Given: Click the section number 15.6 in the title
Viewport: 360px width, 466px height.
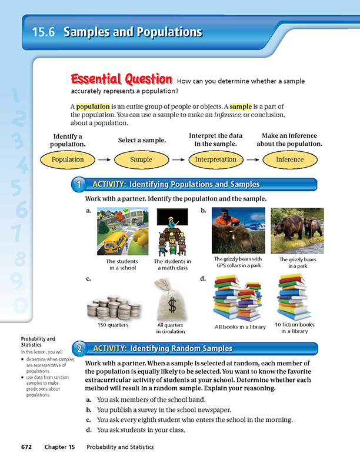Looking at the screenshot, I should [x=44, y=32].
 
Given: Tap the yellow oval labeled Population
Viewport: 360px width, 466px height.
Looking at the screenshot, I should [x=68, y=159].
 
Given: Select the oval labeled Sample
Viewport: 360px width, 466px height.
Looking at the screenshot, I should [x=141, y=159].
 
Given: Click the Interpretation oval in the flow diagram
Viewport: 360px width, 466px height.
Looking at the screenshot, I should [x=215, y=159].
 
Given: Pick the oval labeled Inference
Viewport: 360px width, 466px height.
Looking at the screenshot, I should [x=290, y=159].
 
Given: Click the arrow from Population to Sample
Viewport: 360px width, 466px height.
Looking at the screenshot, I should [x=104, y=159].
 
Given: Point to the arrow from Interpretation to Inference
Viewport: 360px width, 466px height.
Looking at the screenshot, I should [x=252, y=159].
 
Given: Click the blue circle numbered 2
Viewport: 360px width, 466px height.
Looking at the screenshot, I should [x=78, y=349].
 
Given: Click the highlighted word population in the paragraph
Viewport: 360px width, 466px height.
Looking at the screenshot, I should [x=93, y=106].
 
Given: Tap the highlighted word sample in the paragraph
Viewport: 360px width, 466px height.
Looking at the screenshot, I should [x=240, y=106].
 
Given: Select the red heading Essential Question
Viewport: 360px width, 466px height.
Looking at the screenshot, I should [x=121, y=79].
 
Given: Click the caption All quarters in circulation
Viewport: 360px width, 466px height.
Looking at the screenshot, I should [x=171, y=328].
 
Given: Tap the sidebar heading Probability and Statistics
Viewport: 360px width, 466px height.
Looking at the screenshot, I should [x=38, y=341].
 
